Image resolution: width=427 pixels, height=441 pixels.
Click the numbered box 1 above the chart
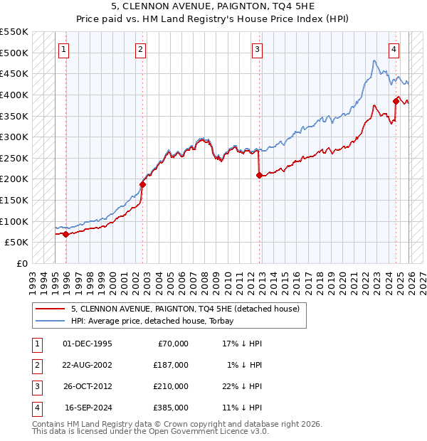pos(64,50)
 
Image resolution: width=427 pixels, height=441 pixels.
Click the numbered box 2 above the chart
pos(140,50)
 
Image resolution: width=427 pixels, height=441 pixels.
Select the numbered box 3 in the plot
pos(257,50)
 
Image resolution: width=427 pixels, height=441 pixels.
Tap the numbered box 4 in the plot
pos(394,50)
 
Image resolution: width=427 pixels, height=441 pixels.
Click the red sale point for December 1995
pos(66,234)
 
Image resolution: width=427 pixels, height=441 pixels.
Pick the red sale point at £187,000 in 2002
pos(142,184)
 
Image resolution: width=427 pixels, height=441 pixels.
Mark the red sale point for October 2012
pos(259,175)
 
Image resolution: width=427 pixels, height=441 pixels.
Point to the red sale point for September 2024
pos(396,101)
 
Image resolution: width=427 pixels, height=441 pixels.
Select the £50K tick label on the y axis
pos(17,243)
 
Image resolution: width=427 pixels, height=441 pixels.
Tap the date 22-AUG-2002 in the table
pos(88,365)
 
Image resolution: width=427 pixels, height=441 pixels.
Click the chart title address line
pos(213,9)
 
